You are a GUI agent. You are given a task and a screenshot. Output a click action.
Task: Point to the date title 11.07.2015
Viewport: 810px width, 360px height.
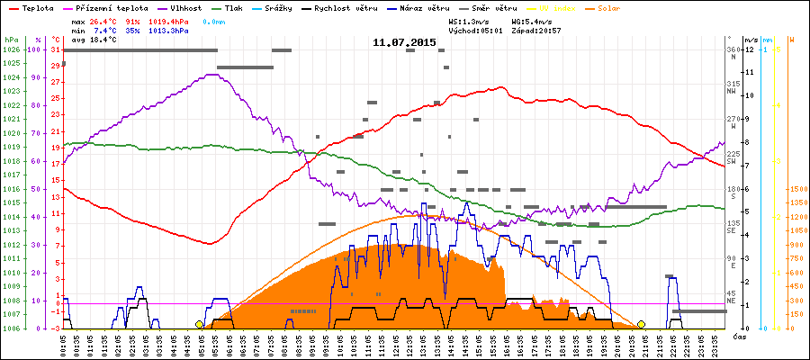pos(404,42)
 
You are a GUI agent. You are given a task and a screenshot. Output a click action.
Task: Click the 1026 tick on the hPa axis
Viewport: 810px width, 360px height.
pos(11,49)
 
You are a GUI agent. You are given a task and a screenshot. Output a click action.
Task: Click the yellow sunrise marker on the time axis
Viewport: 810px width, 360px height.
pos(199,324)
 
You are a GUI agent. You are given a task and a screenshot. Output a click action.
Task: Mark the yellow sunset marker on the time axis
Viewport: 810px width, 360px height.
pos(642,324)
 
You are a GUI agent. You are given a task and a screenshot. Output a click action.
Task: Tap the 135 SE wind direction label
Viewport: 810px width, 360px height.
pos(733,227)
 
